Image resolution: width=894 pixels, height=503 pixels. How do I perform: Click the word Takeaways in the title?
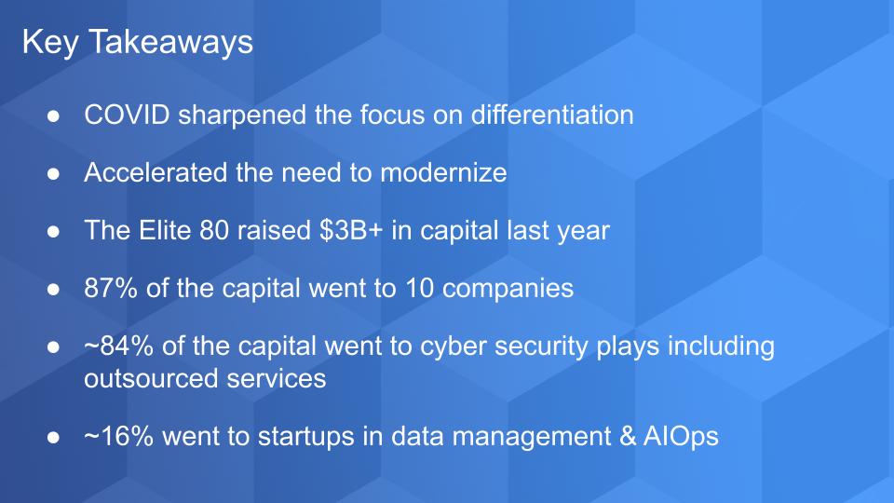tap(171, 43)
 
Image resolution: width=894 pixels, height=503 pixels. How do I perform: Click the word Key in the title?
tap(50, 43)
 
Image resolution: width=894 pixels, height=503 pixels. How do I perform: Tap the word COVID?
tap(128, 115)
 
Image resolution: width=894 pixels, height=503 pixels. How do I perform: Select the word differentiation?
tap(552, 115)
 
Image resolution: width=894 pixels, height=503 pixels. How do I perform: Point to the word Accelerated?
tap(156, 172)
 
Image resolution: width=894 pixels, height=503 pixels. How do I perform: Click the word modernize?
tap(443, 172)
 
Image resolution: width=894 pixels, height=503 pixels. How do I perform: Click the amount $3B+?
tap(351, 230)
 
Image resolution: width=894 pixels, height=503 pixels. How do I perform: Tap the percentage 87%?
tap(111, 288)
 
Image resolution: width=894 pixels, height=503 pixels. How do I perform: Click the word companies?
tap(508, 289)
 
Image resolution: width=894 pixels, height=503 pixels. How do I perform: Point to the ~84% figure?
tap(118, 347)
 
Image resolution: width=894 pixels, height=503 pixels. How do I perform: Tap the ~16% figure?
tap(118, 436)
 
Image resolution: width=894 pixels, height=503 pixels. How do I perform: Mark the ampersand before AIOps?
tap(627, 436)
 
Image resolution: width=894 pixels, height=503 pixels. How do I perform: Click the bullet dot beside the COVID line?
tap(54, 116)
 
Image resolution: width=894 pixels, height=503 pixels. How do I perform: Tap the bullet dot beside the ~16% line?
tap(54, 438)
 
